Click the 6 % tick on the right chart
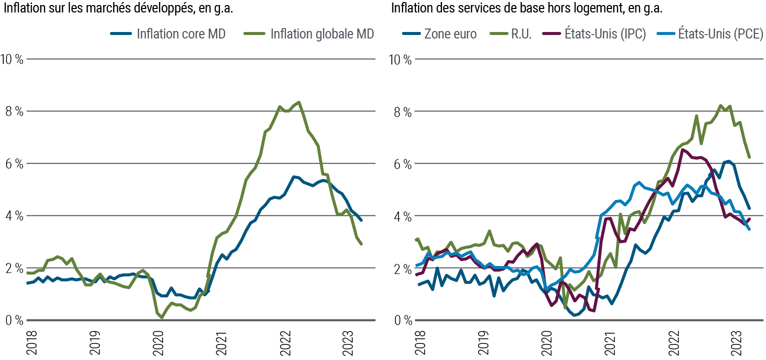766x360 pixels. tap(402, 164)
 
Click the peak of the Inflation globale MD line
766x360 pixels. tap(298, 102)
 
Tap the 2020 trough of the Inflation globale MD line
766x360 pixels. tap(162, 317)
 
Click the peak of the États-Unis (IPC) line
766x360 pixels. tap(682, 149)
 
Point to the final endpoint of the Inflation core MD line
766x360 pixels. tap(361, 220)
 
